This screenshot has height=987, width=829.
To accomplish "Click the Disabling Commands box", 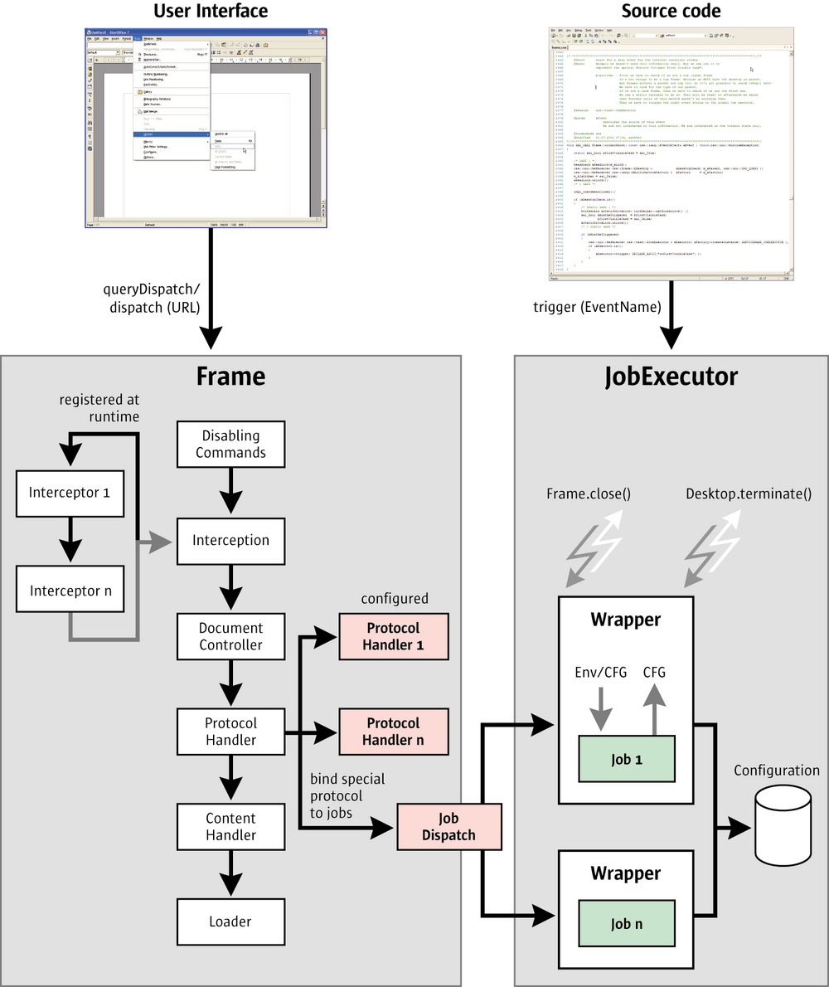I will pos(230,445).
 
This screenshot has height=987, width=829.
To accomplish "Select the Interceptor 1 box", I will pos(70,492).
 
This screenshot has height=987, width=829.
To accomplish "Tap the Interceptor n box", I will pos(70,591).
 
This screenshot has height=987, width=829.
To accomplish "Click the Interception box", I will pos(230,540).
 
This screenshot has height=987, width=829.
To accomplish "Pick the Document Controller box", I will pos(230,636).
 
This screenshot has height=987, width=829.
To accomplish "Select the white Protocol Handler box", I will pos(230,732).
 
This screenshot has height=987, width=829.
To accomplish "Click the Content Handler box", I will pos(230,827).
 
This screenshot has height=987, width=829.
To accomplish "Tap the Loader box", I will pos(230,921).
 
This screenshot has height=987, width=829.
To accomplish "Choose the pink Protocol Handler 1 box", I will pos(393,636).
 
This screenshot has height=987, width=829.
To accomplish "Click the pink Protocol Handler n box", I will pos(393,732).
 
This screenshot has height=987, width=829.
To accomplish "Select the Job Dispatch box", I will pos(449,827).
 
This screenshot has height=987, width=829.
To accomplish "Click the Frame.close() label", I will pos(589,494).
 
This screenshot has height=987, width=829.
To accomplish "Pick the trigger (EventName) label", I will pos(597,308).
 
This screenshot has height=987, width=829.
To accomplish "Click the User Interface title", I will pos(211,11).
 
